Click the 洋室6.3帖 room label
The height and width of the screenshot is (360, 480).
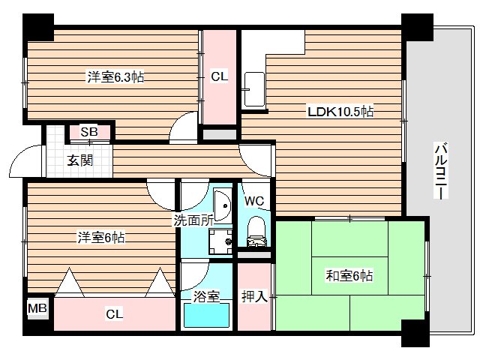115,76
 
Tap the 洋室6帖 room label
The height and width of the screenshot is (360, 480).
101,238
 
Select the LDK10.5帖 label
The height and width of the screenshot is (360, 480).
340,112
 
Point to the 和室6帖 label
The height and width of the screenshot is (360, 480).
349,275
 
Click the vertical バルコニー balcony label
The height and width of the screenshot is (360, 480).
442,171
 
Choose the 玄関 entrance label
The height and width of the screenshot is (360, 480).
80,160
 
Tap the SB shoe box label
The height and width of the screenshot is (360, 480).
89,132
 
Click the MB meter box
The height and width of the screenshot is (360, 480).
37,308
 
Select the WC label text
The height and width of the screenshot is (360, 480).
254,201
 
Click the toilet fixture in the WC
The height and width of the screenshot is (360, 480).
256,231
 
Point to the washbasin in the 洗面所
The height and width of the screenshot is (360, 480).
222,205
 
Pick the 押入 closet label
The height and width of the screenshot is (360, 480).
254,296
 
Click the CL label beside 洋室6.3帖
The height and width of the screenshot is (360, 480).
220,76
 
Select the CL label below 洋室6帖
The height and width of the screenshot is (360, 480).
115,314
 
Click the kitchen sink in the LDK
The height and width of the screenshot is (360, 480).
254,89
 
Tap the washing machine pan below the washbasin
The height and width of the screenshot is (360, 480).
220,241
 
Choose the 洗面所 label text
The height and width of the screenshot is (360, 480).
193,220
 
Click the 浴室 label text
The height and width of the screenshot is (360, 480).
206,296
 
